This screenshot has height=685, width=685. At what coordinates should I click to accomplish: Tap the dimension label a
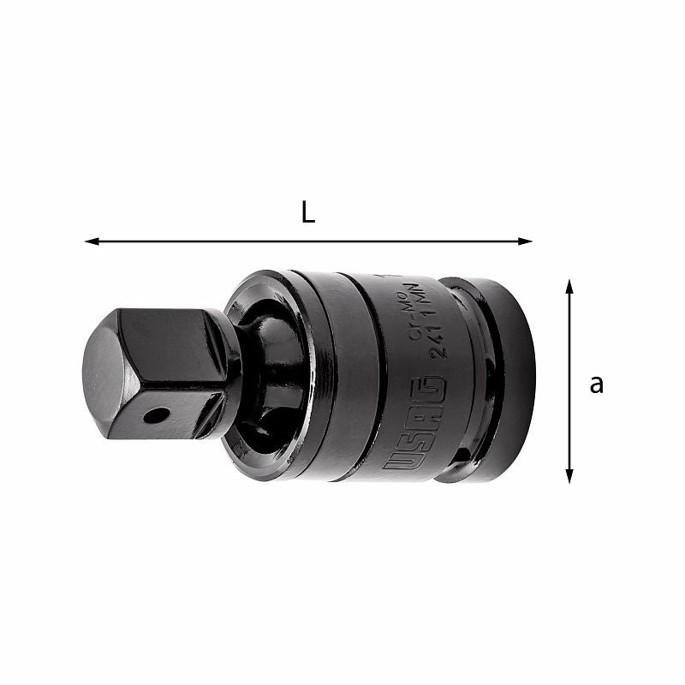pyautogui.click(x=596, y=384)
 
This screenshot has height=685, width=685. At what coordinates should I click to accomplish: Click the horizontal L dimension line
pyautogui.click(x=308, y=241)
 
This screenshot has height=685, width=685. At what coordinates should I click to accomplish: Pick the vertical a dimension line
pyautogui.click(x=569, y=381)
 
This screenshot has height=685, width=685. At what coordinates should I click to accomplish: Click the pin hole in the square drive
pyautogui.click(x=156, y=417)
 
